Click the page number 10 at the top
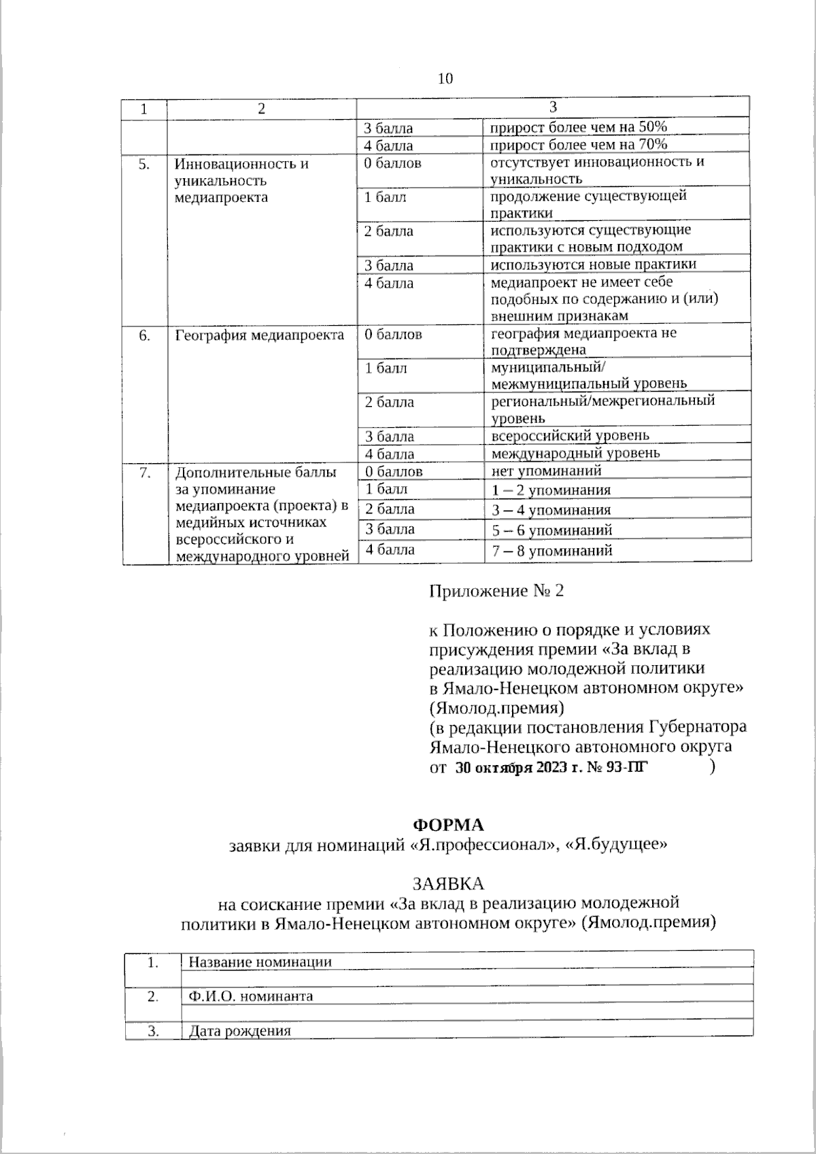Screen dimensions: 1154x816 click(x=445, y=79)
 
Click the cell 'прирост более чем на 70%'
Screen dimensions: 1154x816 click(x=579, y=145)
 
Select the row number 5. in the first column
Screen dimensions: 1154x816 click(x=144, y=164)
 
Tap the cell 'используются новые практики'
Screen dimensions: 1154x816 click(x=594, y=265)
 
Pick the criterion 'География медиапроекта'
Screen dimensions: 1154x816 click(x=260, y=335)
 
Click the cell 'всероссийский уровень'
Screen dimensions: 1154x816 click(x=570, y=436)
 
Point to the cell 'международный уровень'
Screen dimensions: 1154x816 click(x=575, y=453)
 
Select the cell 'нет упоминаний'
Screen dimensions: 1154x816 click(x=546, y=471)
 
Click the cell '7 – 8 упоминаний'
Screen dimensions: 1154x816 click(x=552, y=551)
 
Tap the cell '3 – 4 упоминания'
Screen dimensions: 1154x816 click(x=551, y=510)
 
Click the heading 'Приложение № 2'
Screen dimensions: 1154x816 click(x=496, y=590)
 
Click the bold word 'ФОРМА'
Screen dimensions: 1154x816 click(x=449, y=825)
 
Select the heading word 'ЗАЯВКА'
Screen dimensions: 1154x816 click(x=449, y=883)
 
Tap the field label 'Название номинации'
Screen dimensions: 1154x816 click(x=260, y=962)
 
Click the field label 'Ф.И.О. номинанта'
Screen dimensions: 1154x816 click(x=250, y=996)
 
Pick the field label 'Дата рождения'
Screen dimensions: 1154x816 click(x=239, y=1031)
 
